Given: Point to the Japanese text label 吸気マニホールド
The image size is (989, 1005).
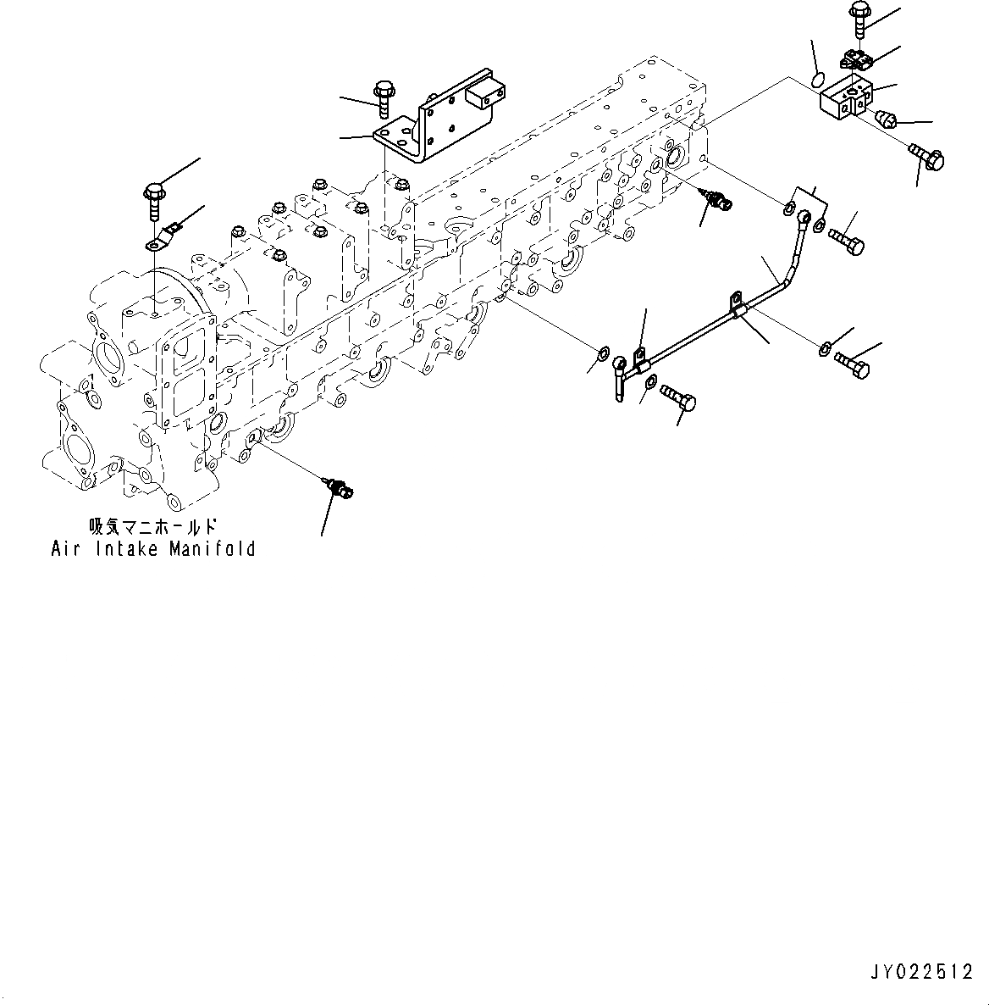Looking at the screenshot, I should tap(148, 525).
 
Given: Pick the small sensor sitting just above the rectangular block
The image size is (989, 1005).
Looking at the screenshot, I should tap(855, 60).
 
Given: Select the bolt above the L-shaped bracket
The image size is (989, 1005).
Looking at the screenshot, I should tap(382, 96).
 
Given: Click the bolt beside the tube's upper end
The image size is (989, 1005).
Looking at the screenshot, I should tap(848, 239).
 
